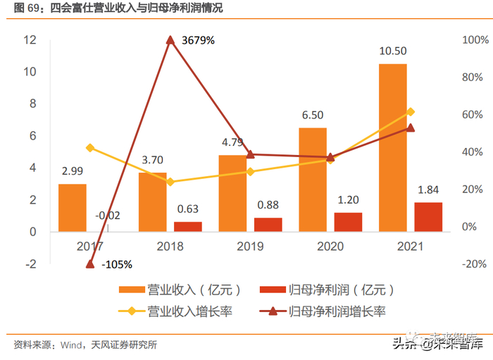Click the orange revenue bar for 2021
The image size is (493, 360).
[x=393, y=148]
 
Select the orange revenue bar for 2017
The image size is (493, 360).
[x=72, y=208]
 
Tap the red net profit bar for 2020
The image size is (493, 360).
[x=348, y=222]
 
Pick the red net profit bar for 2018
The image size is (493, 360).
[x=187, y=226]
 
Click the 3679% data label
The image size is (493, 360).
[x=198, y=41]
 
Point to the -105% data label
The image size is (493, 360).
[x=117, y=264]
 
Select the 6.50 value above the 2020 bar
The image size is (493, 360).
[x=313, y=115]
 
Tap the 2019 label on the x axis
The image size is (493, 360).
[x=251, y=247]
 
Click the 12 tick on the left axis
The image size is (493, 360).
[x=30, y=40]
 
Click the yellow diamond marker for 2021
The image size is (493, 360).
[x=411, y=112]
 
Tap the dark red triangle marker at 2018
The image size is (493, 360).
[x=170, y=40]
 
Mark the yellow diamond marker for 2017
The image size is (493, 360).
[x=89, y=148]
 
